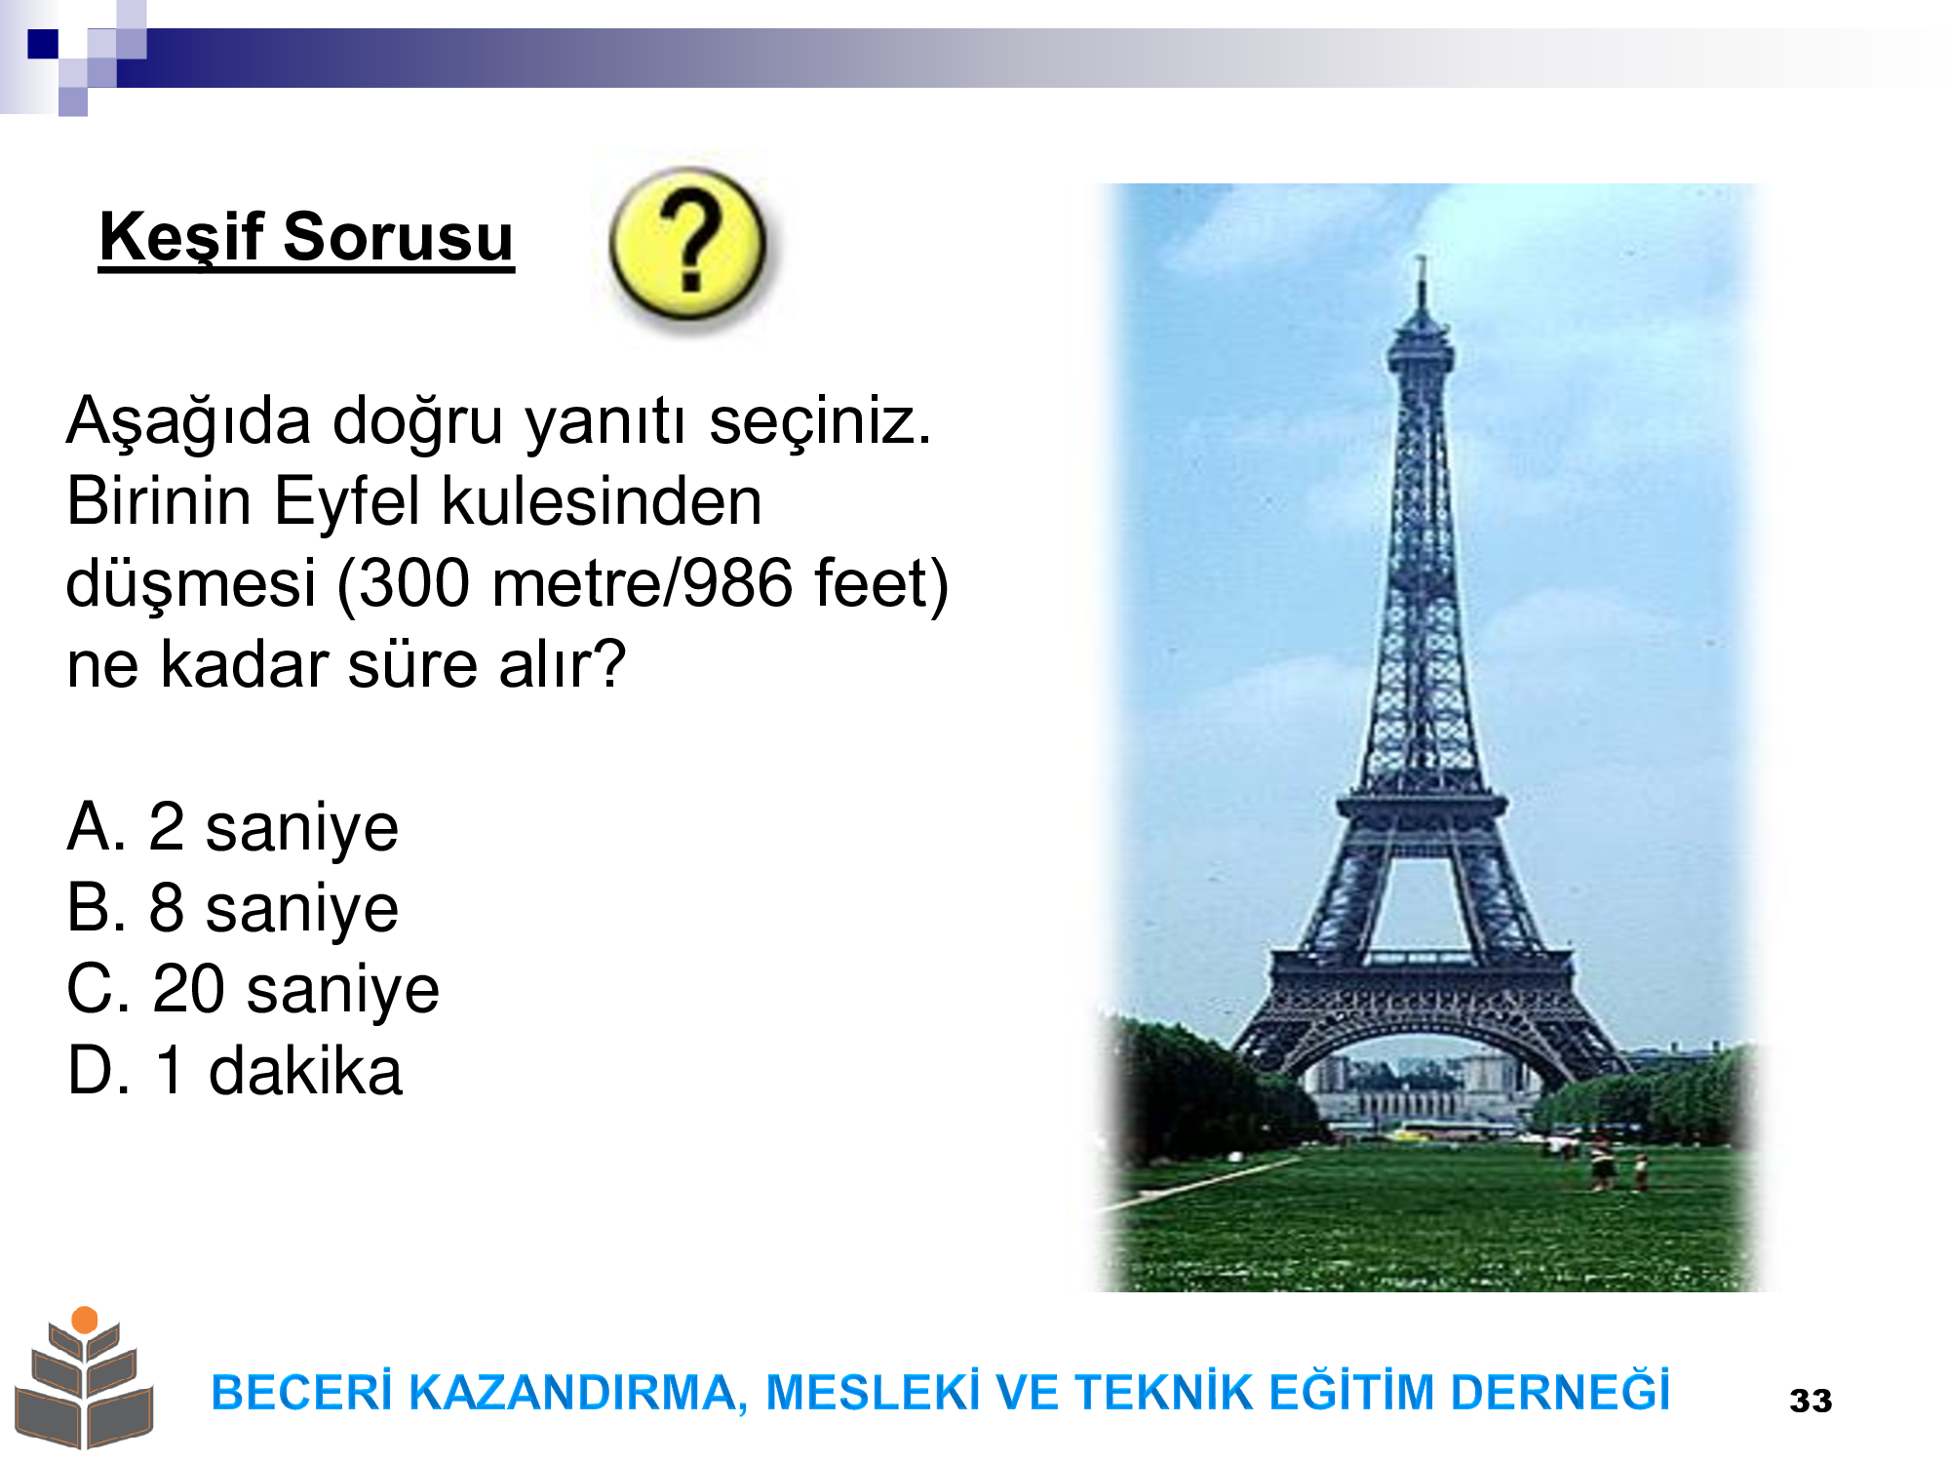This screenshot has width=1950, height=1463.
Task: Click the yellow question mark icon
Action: [688, 244]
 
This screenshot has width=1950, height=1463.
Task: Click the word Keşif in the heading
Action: [181, 238]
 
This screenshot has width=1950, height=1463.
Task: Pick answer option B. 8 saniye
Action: [232, 909]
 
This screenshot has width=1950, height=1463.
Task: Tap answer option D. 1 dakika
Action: [234, 1071]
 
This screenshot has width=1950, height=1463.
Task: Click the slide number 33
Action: [1811, 1402]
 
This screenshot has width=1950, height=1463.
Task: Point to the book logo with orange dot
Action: [85, 1377]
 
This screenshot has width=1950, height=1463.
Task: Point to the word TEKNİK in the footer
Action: [1166, 1392]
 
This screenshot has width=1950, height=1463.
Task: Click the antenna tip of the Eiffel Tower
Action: [1422, 258]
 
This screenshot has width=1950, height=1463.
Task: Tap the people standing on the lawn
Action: [1618, 1163]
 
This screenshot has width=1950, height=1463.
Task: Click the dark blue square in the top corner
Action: [43, 44]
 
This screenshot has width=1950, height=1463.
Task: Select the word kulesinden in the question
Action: [602, 501]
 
